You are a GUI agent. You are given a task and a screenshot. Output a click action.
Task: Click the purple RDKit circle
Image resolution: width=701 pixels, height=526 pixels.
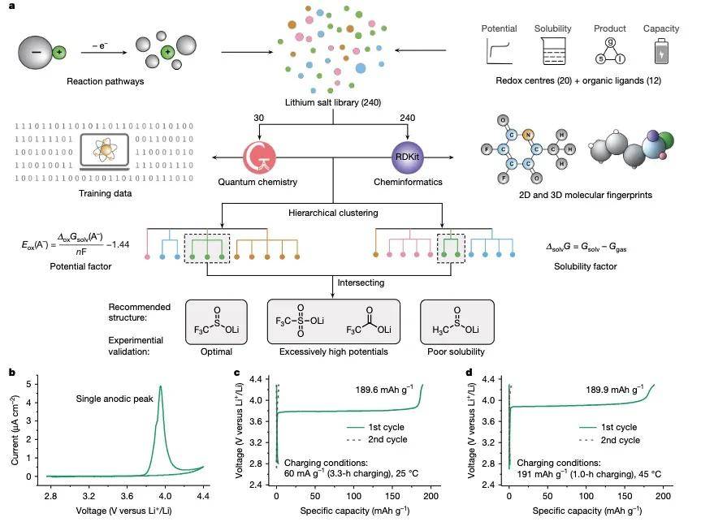pos(407,157)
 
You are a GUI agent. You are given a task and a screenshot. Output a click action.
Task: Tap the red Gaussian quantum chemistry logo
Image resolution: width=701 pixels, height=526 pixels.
pos(259,157)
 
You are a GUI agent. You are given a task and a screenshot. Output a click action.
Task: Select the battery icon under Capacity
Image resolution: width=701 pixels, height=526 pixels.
pos(661,51)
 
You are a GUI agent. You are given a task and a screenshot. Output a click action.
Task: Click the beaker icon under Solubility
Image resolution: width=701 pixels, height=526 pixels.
pos(553,51)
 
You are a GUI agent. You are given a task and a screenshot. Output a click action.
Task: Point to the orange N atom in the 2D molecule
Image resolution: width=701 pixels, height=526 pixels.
pos(527,135)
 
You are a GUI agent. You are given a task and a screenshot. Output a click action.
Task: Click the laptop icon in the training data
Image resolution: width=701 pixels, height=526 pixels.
pos(105,152)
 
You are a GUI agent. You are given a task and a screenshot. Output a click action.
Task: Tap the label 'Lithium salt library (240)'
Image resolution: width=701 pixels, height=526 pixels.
pos(333,102)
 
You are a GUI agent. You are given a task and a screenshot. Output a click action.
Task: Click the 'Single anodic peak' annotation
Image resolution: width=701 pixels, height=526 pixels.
pos(115,399)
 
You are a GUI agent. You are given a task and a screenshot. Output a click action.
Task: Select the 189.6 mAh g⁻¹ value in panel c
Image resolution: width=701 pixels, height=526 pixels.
pos(384,390)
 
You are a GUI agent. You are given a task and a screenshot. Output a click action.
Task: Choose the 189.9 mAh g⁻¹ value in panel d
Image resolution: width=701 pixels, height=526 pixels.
pos(615,390)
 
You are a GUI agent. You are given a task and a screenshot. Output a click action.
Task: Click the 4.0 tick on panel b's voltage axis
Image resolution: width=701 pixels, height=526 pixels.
pos(165,496)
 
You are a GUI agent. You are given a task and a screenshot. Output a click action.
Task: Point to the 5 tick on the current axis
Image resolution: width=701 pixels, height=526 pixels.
pos(29,384)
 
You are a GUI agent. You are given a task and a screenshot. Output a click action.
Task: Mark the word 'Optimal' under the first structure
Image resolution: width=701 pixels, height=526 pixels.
pos(216,351)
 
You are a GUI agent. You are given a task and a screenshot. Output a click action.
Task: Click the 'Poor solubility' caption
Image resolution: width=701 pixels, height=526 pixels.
pos(456,351)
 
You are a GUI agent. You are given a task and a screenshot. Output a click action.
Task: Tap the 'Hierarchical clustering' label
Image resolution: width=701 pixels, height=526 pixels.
pos(333,213)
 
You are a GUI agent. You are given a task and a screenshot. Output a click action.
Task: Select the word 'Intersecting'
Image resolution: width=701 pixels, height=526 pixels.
pos(361,282)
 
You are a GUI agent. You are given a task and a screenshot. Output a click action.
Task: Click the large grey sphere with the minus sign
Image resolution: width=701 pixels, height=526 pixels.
pos(36,53)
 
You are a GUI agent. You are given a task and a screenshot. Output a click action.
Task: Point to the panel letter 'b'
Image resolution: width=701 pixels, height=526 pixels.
pos(12,373)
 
